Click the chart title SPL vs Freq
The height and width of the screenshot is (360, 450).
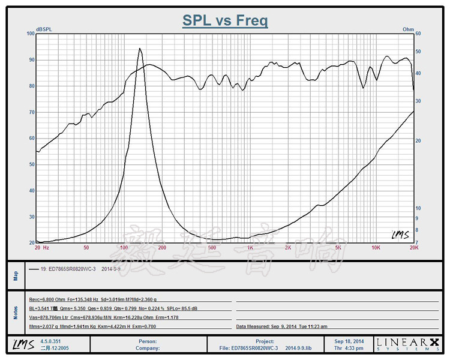point(225,21)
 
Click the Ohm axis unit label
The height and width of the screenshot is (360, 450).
point(409,29)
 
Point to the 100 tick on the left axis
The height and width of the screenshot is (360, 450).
point(31,34)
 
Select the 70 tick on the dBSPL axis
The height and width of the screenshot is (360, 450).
point(32,112)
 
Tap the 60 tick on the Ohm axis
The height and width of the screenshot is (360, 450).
point(419,34)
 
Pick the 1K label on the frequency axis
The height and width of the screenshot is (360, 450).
point(250,247)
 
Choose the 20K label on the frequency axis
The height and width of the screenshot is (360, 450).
point(413,247)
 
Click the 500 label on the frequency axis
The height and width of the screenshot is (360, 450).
point(211,247)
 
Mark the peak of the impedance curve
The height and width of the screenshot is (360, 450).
point(140,49)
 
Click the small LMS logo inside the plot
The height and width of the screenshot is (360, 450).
point(400,235)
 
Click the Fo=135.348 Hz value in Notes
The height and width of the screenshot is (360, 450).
point(79,298)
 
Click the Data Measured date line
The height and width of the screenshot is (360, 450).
point(281,327)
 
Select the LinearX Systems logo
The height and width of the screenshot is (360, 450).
point(407,344)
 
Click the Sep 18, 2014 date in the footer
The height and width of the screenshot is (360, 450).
point(350,341)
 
